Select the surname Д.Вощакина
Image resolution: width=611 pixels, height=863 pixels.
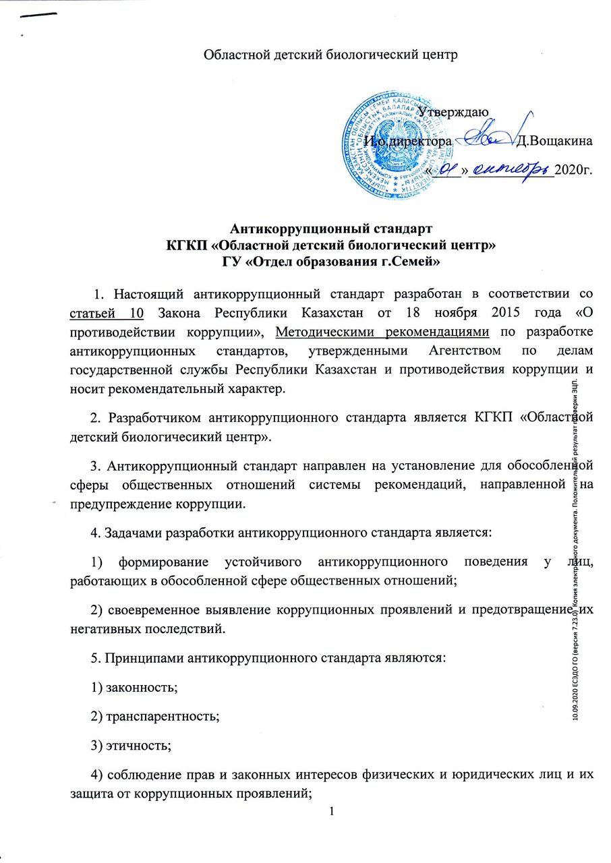[x=553, y=142]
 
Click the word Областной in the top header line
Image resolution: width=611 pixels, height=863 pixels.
[x=232, y=55]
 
